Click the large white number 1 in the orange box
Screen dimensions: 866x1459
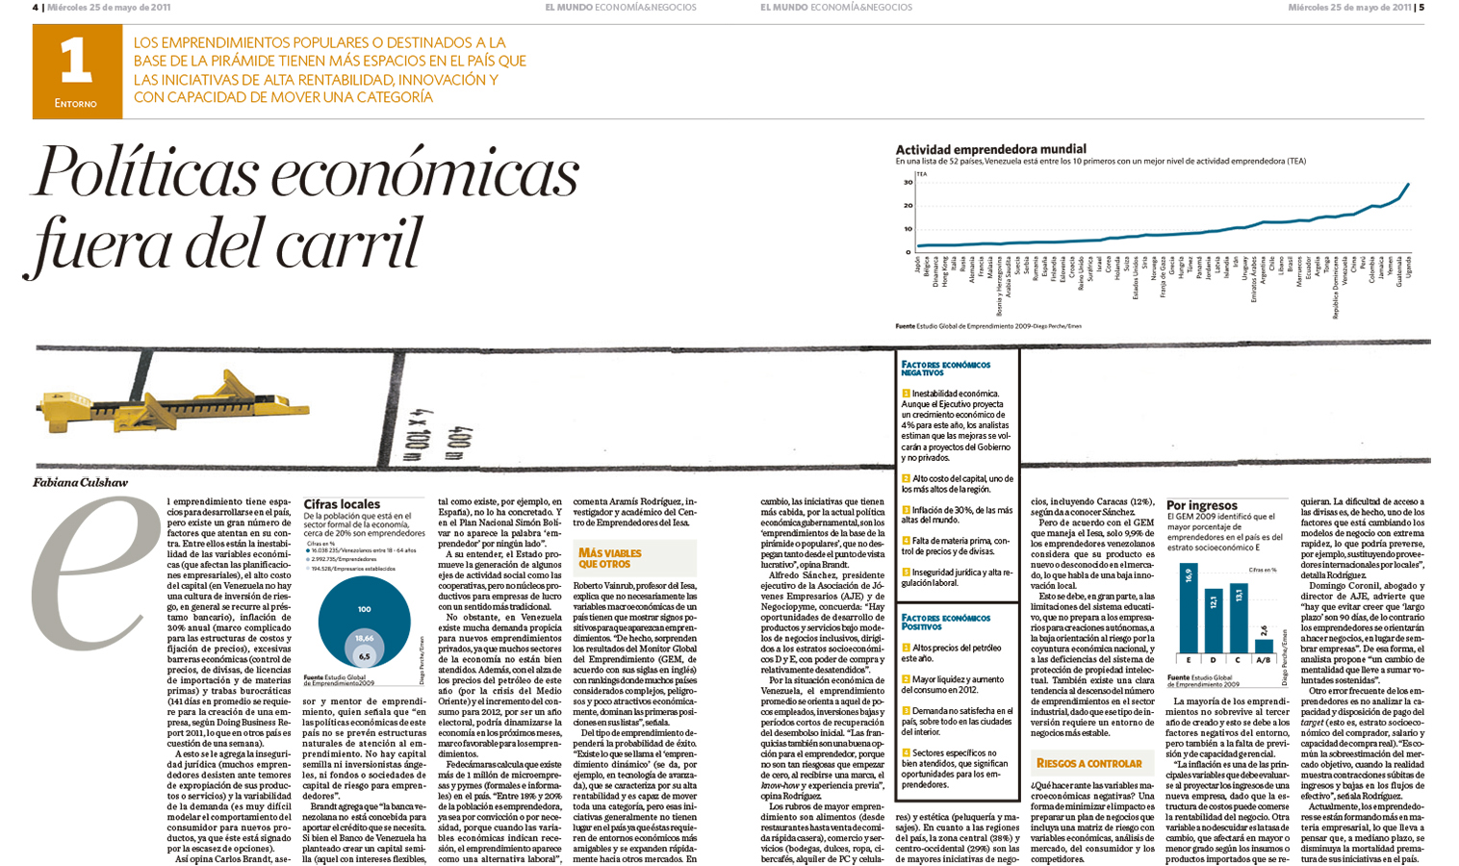click(x=75, y=63)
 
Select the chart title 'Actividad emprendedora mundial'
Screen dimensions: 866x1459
click(x=990, y=149)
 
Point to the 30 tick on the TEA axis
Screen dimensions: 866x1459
click(x=907, y=182)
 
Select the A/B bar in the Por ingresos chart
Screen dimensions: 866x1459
click(x=1264, y=645)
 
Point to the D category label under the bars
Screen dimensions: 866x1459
click(x=1214, y=661)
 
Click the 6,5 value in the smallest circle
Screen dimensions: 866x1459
click(x=364, y=656)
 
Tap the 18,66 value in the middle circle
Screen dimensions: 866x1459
click(x=364, y=638)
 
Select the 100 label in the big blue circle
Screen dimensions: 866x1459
click(x=364, y=609)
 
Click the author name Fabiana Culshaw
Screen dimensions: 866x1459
click(x=80, y=482)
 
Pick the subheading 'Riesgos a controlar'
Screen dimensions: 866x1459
click(x=1088, y=763)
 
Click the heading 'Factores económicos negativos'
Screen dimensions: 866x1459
click(x=945, y=369)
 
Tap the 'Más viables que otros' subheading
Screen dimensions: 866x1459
click(x=609, y=558)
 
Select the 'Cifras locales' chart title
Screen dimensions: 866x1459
click(x=342, y=504)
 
